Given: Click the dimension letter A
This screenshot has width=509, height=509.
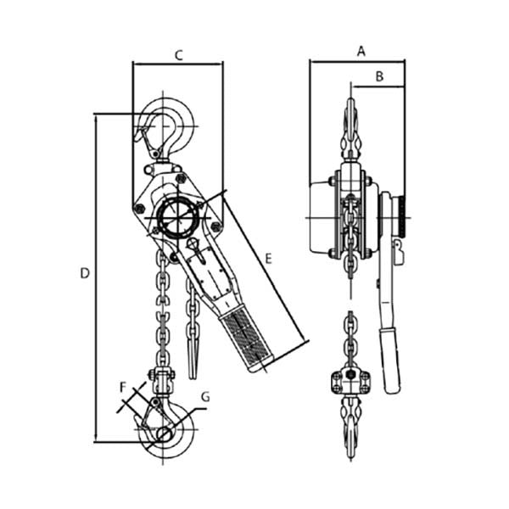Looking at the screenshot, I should point(361,51).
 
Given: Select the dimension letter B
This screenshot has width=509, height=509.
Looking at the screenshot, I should point(379,76).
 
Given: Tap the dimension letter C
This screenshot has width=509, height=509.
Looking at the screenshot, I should point(179,55).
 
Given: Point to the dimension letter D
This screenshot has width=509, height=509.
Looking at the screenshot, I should point(85,272).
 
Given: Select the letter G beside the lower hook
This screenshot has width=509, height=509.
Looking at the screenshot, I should point(204,396).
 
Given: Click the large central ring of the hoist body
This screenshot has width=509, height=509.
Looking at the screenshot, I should point(176,217).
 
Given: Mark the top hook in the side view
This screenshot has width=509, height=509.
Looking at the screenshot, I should point(350,127).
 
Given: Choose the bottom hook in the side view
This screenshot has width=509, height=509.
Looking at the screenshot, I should point(350,428).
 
